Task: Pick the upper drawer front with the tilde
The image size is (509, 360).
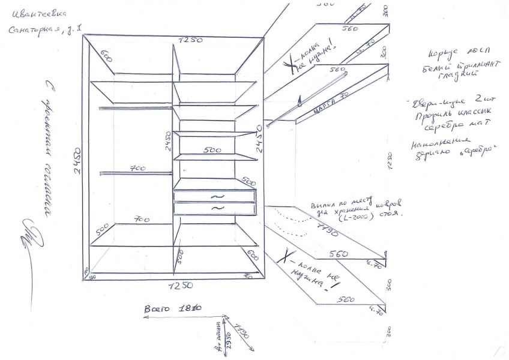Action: coord(215,196)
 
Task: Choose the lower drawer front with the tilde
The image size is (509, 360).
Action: coord(215,208)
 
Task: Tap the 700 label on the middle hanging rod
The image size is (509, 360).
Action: coord(138,169)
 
